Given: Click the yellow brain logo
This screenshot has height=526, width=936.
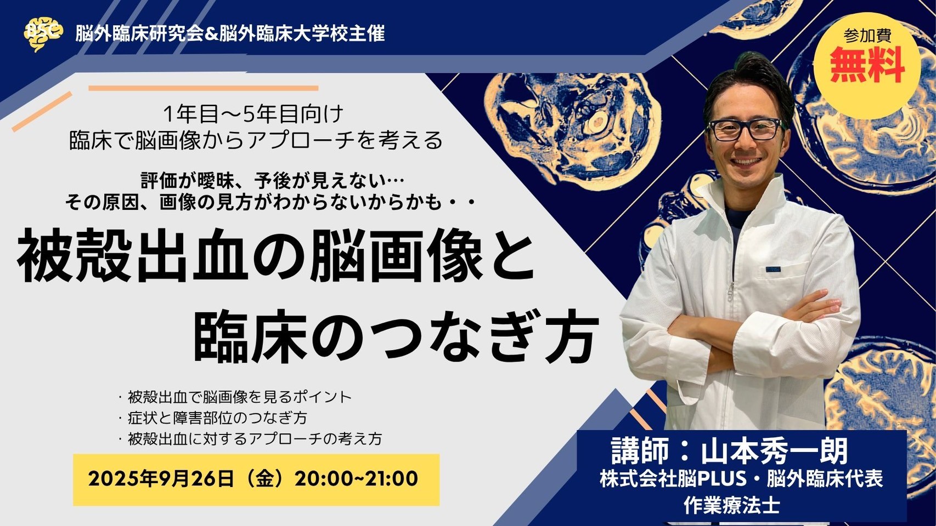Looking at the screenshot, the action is click(x=43, y=33).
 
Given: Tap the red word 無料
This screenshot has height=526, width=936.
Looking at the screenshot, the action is click(x=867, y=66).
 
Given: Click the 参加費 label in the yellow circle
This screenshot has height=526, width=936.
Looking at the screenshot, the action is click(x=867, y=36).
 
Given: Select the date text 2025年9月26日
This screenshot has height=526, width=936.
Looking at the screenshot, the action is click(x=161, y=479).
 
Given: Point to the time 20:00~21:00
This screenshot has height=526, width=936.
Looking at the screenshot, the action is click(x=357, y=479).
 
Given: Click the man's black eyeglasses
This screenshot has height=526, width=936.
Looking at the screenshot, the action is click(x=745, y=129).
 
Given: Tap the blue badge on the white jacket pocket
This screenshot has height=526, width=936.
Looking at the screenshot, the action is click(x=773, y=270).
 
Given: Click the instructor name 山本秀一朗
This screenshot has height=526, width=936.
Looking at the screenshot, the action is click(x=774, y=451).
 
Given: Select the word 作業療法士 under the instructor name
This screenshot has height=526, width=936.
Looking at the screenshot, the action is click(x=731, y=505).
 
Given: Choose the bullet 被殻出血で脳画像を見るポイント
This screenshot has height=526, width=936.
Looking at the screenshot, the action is click(x=239, y=397).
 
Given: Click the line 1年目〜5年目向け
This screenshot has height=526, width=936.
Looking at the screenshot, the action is click(x=253, y=115).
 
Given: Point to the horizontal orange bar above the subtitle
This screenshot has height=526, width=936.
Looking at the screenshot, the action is click(x=204, y=88).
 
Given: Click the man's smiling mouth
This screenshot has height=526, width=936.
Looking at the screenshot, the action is click(x=746, y=161).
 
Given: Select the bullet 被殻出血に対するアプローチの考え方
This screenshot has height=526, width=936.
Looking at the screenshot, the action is click(x=255, y=439).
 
